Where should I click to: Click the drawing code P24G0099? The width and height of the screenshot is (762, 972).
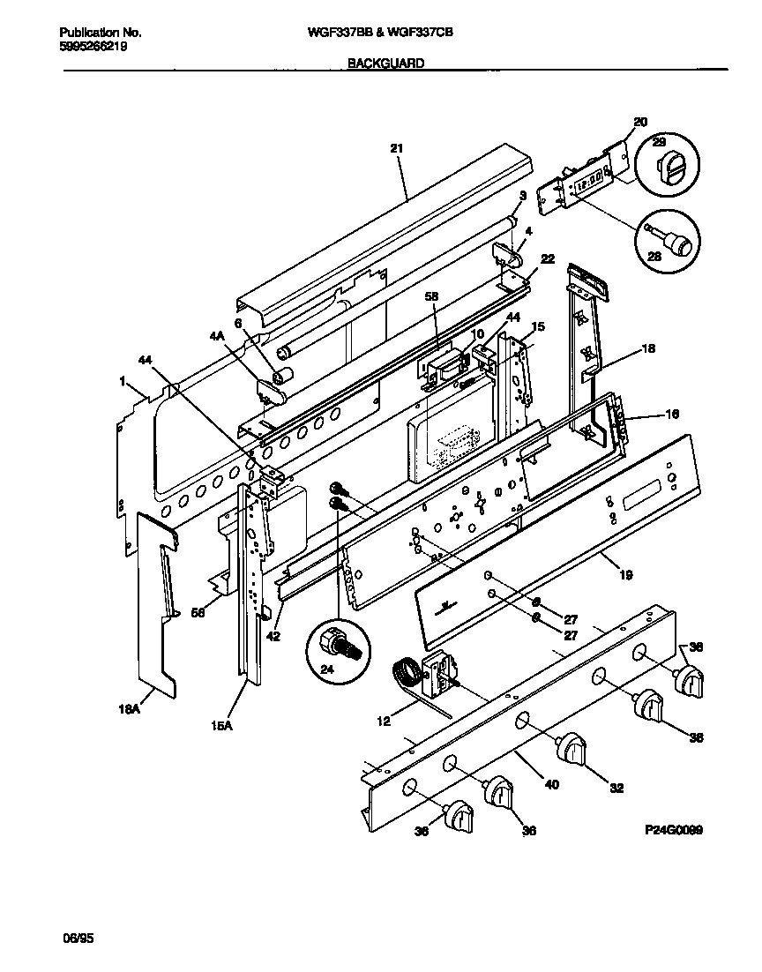674,830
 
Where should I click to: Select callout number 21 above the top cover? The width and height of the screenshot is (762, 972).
396,148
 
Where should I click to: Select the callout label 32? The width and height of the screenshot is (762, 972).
616,788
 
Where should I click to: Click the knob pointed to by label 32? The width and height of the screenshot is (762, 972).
572,751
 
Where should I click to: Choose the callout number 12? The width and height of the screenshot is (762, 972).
384,721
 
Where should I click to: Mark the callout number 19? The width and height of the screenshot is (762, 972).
625,574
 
